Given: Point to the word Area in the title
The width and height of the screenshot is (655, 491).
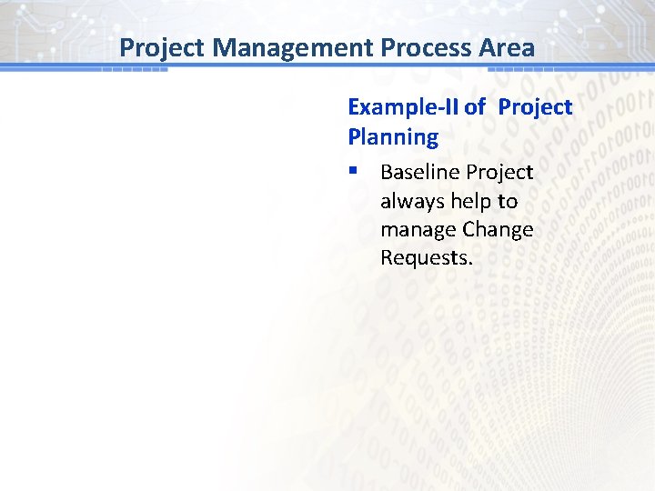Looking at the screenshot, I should pyautogui.click(x=509, y=47).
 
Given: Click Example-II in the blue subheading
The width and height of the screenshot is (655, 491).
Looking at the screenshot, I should pyautogui.click(x=403, y=107).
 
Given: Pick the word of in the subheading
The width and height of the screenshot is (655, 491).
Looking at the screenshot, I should pyautogui.click(x=475, y=107).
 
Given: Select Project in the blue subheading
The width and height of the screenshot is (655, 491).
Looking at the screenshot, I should pyautogui.click(x=535, y=107).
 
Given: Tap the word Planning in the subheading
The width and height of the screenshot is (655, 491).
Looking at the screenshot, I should pyautogui.click(x=393, y=137).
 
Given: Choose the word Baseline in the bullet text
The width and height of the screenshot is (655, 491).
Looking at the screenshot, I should pyautogui.click(x=419, y=172).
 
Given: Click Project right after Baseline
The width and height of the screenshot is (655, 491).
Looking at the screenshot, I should pyautogui.click(x=499, y=172).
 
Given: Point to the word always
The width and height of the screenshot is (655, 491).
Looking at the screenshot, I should pyautogui.click(x=410, y=201).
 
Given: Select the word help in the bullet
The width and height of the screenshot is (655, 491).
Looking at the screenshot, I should pyautogui.click(x=469, y=201).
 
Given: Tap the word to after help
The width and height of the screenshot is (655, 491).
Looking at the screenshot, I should pyautogui.click(x=507, y=201).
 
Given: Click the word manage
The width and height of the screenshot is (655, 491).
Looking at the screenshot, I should pyautogui.click(x=418, y=229).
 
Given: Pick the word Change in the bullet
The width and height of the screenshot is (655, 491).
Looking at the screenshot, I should pyautogui.click(x=498, y=229).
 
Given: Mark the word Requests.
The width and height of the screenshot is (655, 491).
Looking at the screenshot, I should pyautogui.click(x=427, y=257).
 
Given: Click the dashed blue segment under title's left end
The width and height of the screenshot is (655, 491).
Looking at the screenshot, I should pyautogui.click(x=134, y=69).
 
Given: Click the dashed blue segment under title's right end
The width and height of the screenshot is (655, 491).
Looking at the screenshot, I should pyautogui.click(x=521, y=69).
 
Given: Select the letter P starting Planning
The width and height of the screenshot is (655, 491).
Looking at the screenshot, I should pyautogui.click(x=355, y=137).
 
